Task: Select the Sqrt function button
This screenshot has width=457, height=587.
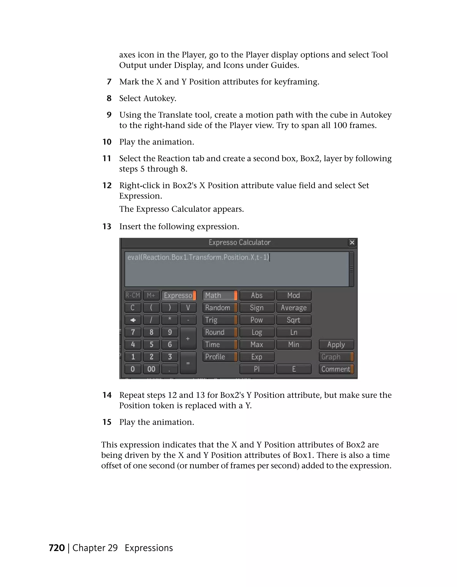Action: pyautogui.click(x=293, y=320)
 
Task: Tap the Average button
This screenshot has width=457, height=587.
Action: pyautogui.click(x=293, y=307)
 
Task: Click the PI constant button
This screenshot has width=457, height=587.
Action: pyautogui.click(x=257, y=369)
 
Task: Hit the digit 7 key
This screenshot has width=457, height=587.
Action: pyautogui.click(x=133, y=332)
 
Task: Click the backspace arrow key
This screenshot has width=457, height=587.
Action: pyautogui.click(x=133, y=320)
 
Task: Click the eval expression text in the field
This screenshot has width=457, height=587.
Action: pyautogui.click(x=198, y=257)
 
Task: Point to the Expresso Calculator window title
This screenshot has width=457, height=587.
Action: pyautogui.click(x=239, y=242)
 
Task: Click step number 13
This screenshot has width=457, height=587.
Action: pyautogui.click(x=107, y=227)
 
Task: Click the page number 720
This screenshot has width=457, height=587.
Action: pyautogui.click(x=57, y=548)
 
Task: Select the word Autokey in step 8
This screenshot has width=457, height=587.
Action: pyautogui.click(x=160, y=98)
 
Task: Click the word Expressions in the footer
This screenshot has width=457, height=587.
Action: pyautogui.click(x=149, y=548)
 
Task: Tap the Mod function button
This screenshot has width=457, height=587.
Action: pyautogui.click(x=293, y=295)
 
